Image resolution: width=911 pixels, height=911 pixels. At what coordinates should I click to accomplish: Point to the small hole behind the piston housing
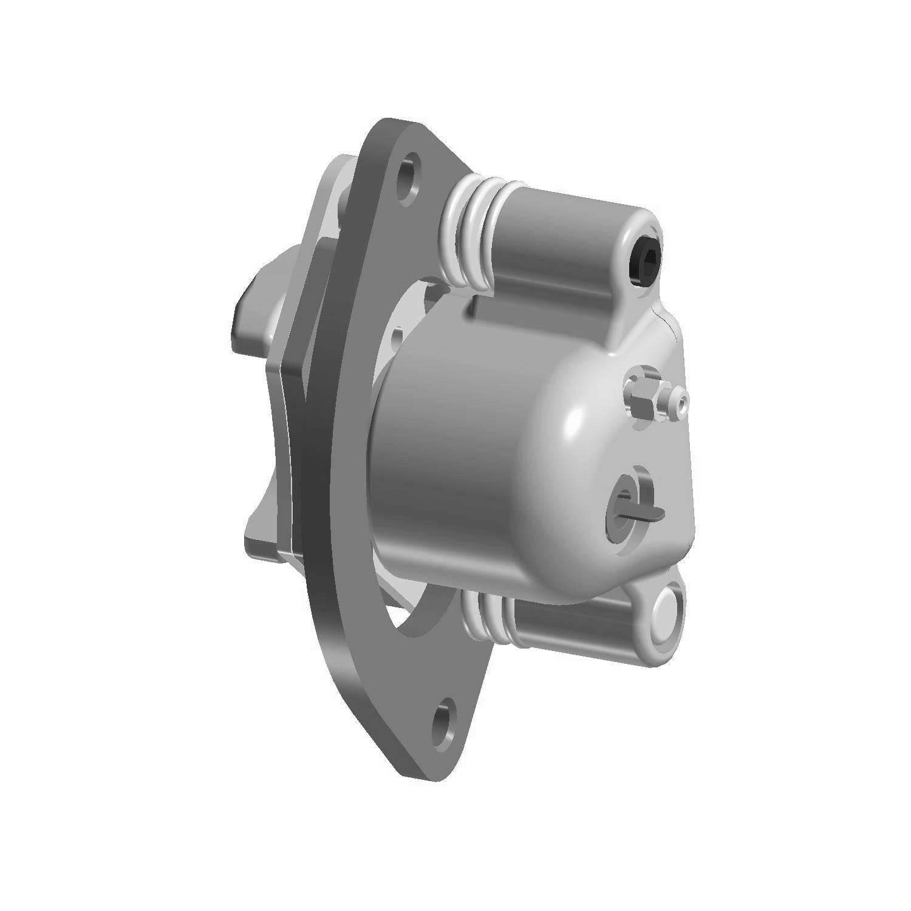(398, 335)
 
